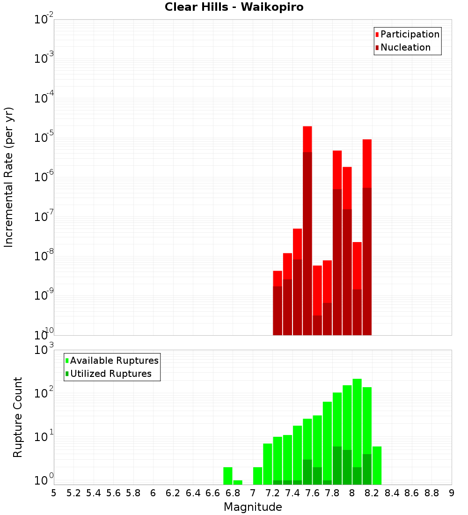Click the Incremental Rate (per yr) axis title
coord(9,177)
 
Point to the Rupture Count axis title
coord(18,417)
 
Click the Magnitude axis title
coord(253,507)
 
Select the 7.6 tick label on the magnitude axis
coord(313,493)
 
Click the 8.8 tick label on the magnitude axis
coord(431,493)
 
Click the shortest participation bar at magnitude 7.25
coord(278,278)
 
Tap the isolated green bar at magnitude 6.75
coord(228,476)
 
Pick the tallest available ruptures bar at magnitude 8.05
coord(357,421)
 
